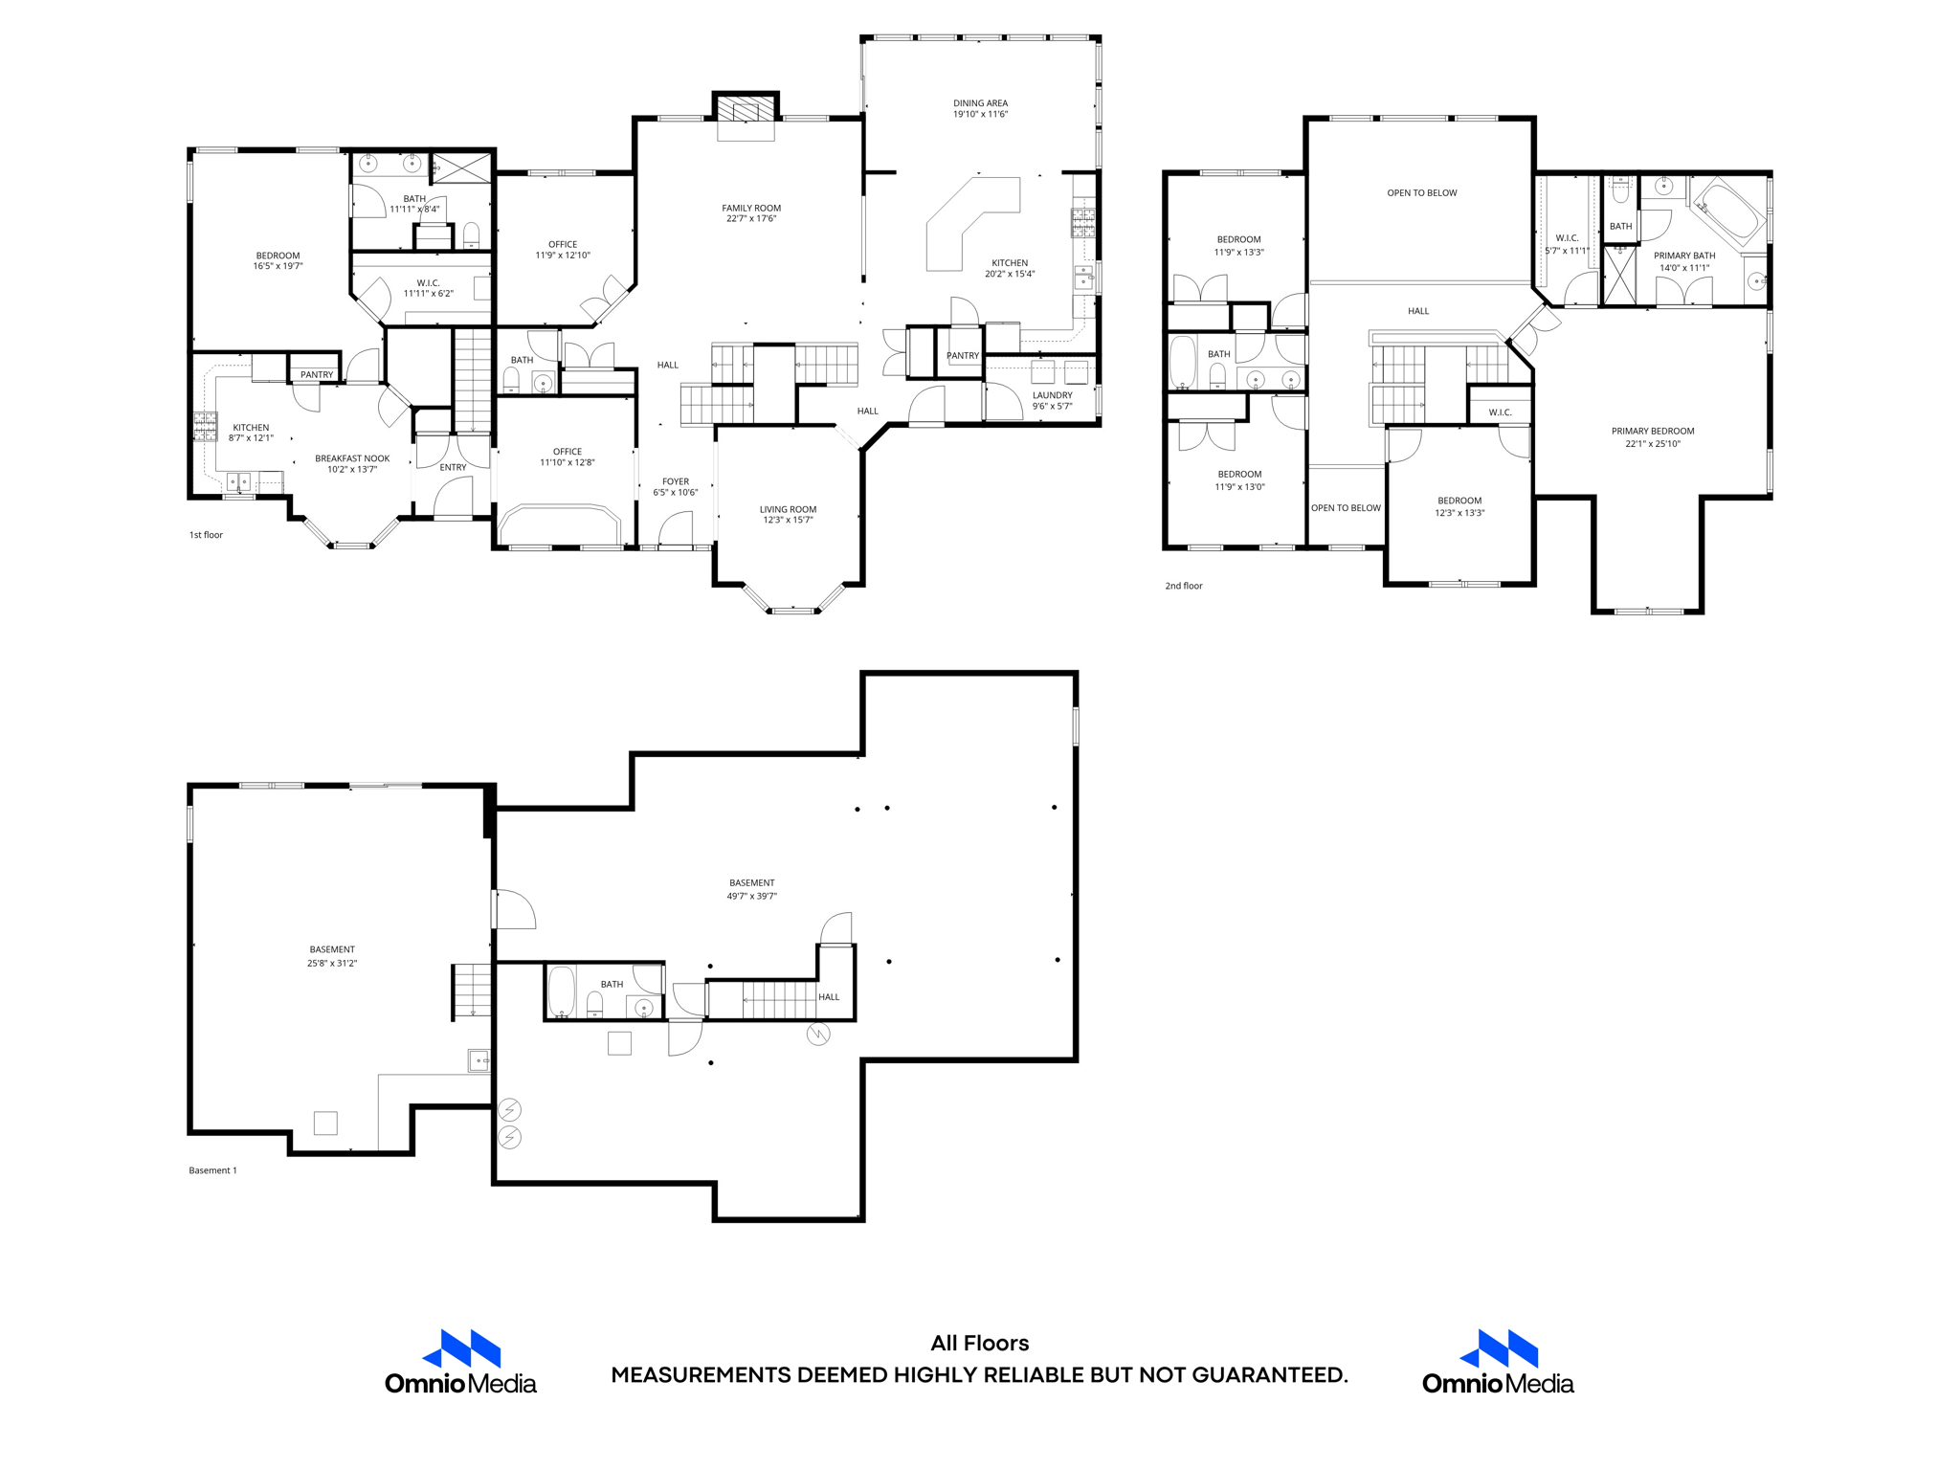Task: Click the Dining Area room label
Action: click(980, 103)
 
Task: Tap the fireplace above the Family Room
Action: click(746, 108)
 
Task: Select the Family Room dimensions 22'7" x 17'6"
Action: click(751, 219)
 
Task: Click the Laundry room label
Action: click(1052, 395)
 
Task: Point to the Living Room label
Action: click(788, 509)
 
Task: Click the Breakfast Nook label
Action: click(352, 458)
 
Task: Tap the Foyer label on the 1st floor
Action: click(675, 481)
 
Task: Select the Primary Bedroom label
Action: click(1652, 432)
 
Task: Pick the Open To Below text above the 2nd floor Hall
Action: click(1421, 193)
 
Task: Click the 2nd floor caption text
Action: click(1183, 586)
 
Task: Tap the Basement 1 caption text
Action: click(212, 1170)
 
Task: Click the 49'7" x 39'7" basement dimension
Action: click(751, 897)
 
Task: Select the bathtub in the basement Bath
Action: click(561, 991)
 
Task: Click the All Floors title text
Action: click(979, 1343)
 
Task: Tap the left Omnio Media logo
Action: click(460, 1361)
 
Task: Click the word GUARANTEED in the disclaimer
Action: click(1268, 1375)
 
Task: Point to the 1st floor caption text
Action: click(206, 535)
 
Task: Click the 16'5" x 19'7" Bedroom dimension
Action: click(278, 267)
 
